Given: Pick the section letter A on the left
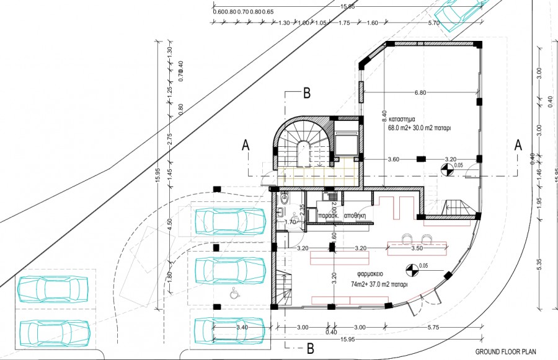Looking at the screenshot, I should pyautogui.click(x=246, y=145).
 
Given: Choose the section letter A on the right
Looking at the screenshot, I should pyautogui.click(x=518, y=145).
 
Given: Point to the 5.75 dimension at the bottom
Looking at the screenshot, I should pyautogui.click(x=433, y=328).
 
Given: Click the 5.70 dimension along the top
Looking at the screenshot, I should pyautogui.click(x=434, y=23).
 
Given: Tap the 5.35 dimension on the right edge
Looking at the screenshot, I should pyautogui.click(x=539, y=263).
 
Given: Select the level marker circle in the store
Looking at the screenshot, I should pyautogui.click(x=445, y=167).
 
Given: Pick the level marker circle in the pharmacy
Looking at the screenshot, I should pyautogui.click(x=410, y=270).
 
